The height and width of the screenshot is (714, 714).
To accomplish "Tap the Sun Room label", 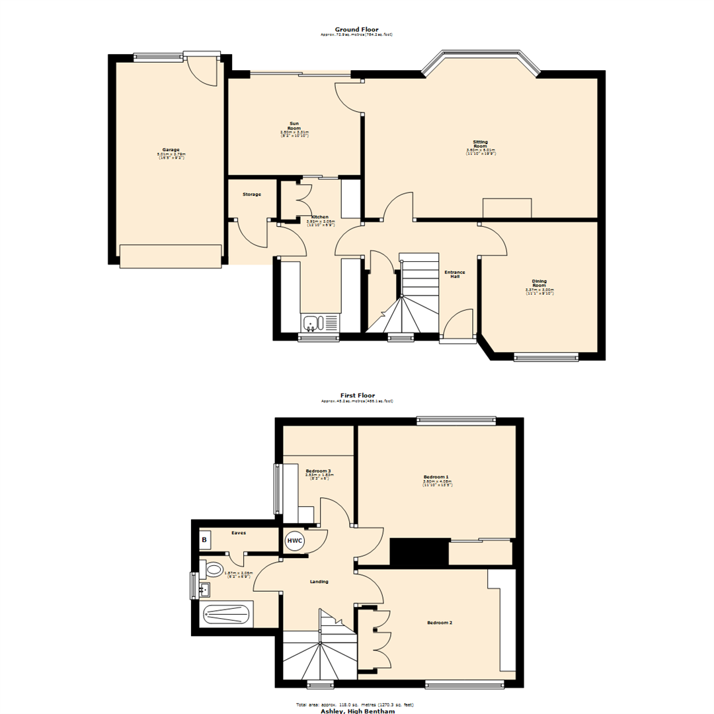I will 294,126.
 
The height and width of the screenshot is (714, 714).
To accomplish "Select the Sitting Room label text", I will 481,144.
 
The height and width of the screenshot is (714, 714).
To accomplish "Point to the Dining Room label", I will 539,283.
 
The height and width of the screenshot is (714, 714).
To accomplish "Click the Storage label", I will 251,194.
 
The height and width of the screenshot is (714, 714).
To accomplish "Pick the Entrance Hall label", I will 455,274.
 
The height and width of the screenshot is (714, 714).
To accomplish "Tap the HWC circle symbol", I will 294,541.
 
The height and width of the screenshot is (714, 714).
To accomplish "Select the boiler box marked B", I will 204,540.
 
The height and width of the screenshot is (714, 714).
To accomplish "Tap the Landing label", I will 319,582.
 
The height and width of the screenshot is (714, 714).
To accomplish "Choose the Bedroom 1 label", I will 436,477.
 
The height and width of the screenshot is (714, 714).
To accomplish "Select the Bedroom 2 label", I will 440,623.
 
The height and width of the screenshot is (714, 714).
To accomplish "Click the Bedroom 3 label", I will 318,471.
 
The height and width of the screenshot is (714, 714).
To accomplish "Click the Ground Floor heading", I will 356,29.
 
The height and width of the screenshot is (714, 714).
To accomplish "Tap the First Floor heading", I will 356,395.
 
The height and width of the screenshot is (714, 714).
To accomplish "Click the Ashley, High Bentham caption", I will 356,711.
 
